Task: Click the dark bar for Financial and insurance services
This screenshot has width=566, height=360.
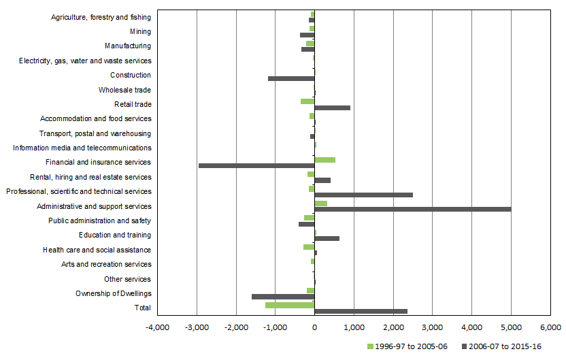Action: click(x=256, y=165)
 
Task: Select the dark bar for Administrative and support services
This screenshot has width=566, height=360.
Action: click(x=412, y=209)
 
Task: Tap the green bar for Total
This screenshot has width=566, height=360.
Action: click(x=290, y=305)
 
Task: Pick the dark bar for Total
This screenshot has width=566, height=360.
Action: click(x=361, y=311)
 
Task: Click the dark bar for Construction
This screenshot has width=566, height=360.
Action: click(x=291, y=78)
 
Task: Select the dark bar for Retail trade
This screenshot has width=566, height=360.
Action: click(x=332, y=108)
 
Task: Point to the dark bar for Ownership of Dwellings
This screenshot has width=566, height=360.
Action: click(x=283, y=297)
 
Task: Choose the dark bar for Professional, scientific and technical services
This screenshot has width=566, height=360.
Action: click(x=363, y=195)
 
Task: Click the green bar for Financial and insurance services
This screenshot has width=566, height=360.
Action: click(x=324, y=160)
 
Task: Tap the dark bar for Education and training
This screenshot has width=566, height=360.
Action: click(x=327, y=238)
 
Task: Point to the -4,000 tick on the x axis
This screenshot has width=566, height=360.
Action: click(x=158, y=328)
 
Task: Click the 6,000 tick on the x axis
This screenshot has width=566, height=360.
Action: click(x=550, y=328)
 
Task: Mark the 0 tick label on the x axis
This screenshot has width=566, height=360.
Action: click(x=314, y=328)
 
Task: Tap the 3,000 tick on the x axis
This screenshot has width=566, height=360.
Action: click(x=432, y=328)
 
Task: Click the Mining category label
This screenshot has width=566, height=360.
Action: click(x=140, y=31)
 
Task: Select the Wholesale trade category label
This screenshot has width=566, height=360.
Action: click(x=124, y=90)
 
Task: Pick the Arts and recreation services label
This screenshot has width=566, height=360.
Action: click(x=106, y=264)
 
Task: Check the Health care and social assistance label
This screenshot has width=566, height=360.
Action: click(x=97, y=250)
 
